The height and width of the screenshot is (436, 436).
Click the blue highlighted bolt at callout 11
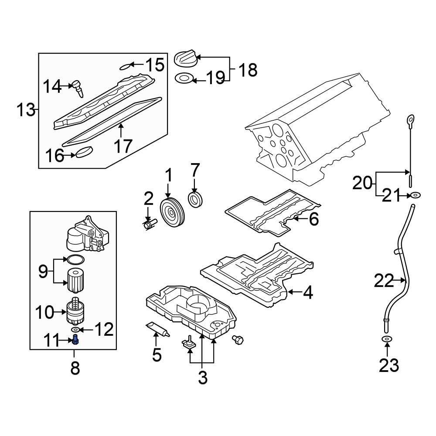point(75,340)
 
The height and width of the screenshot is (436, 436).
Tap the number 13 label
point(25,109)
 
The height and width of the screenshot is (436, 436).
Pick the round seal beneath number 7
point(195,199)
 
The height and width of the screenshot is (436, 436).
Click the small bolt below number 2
point(149,225)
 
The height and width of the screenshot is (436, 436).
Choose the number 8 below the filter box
point(75,369)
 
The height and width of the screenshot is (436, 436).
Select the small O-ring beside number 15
point(126,66)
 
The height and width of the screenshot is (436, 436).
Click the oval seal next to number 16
point(85,153)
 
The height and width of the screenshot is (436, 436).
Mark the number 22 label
point(384,282)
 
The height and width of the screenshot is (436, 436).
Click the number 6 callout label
point(314,219)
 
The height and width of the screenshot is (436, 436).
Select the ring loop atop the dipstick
point(410,119)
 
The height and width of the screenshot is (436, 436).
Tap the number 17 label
point(123,146)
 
